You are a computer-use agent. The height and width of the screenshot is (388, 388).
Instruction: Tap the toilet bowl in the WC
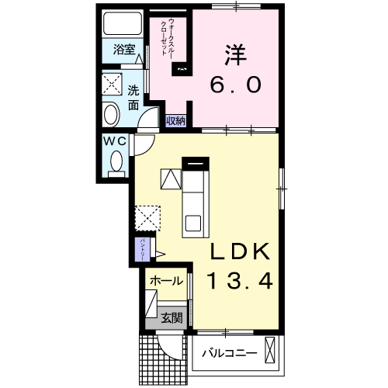(117, 162)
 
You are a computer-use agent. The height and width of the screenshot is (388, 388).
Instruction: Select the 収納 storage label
(175, 120)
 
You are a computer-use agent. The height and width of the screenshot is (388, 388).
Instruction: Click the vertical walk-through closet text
(167, 34)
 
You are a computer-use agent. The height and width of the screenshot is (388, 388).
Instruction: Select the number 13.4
(238, 280)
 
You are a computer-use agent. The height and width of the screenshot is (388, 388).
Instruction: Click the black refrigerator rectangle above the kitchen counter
(196, 162)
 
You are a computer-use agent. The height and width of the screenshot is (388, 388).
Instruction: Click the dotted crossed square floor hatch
(147, 216)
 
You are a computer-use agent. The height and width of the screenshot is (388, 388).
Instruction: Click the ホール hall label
(165, 281)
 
